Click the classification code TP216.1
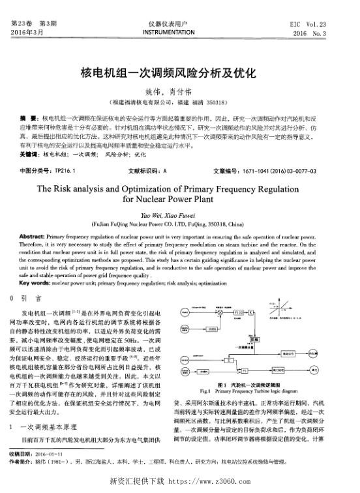67,172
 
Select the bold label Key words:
37,284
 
